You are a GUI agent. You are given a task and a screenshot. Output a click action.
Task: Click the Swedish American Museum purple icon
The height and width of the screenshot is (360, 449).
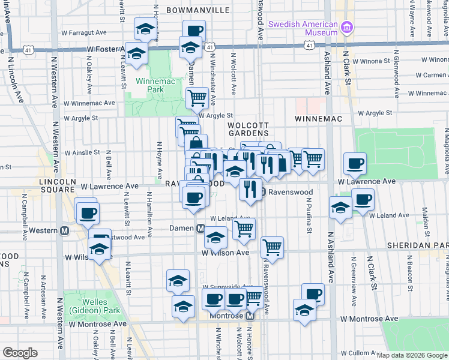(x=346, y=28)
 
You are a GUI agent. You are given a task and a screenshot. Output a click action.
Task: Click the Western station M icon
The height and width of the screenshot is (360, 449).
(x=64, y=230)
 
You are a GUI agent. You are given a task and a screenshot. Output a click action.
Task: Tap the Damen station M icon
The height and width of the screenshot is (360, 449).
(x=202, y=228)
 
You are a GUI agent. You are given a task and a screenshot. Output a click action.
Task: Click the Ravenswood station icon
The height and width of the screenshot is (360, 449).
(x=262, y=193)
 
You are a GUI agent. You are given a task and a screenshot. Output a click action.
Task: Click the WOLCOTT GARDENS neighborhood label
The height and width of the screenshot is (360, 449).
(x=248, y=129)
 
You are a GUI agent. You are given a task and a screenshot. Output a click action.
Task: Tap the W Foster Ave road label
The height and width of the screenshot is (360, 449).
(x=108, y=49)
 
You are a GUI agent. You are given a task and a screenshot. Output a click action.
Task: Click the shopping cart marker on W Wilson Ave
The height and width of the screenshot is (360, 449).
(x=273, y=247)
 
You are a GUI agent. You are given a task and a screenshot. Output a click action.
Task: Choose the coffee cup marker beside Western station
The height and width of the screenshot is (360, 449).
(x=88, y=212)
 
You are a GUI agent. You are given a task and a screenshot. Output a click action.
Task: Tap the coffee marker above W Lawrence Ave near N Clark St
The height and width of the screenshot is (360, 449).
(x=355, y=163)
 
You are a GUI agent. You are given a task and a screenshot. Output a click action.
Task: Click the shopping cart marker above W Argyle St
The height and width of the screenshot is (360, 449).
(x=196, y=97)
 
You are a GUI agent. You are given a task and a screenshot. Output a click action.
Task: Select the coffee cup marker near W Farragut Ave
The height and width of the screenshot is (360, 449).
(x=193, y=31)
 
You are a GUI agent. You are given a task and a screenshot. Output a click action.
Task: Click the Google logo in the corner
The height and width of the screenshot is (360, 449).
(x=20, y=353)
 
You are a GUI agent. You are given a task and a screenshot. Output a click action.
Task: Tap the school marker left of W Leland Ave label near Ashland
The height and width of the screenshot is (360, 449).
(x=340, y=208)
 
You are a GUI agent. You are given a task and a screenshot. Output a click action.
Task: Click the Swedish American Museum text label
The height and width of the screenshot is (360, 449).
(x=303, y=28)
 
